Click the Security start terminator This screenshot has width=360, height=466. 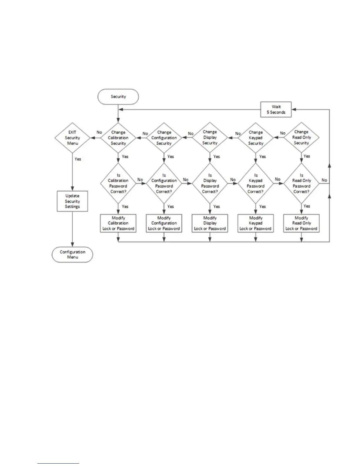point(118,96)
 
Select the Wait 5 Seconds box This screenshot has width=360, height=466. point(276,109)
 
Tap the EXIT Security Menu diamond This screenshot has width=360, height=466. point(72,138)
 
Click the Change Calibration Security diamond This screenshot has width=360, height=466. point(118,138)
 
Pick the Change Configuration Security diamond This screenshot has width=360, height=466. point(164,138)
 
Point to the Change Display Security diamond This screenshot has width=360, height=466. point(210,137)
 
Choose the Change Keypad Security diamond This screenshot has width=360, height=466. point(256,138)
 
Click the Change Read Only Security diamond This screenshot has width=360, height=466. point(301,137)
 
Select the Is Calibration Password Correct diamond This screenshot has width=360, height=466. point(118,183)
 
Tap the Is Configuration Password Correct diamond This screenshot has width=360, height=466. point(164,183)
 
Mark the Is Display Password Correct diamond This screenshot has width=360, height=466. point(210,183)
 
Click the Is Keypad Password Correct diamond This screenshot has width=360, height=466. point(256,183)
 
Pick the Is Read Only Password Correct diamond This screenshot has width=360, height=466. point(301,183)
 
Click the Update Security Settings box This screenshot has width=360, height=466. point(72,201)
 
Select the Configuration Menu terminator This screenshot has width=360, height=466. point(72,254)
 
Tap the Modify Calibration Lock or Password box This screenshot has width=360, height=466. point(118,223)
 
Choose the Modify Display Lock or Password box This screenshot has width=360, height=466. point(210,223)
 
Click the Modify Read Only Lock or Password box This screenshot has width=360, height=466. point(301,223)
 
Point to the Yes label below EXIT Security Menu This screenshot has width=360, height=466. point(78,159)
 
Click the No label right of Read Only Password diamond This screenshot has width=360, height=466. point(324,180)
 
